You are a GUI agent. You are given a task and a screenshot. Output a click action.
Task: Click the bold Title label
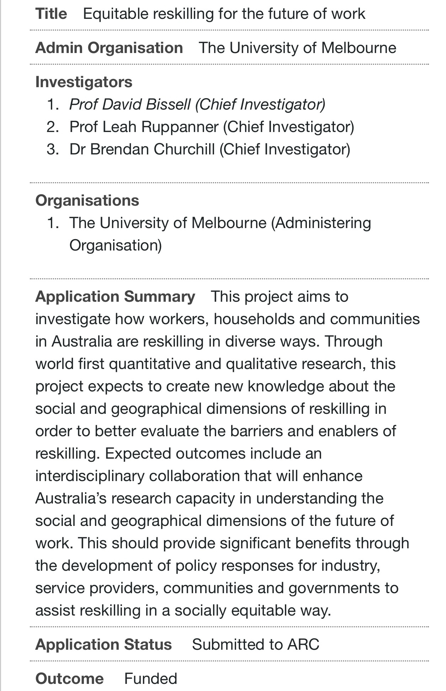(x=51, y=14)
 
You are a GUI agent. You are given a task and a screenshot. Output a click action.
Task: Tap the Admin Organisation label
(x=109, y=48)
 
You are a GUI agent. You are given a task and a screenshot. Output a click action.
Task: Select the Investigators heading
(x=84, y=82)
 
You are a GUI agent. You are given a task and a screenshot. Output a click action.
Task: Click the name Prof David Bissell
(x=130, y=104)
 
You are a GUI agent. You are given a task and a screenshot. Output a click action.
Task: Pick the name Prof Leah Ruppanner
(x=144, y=127)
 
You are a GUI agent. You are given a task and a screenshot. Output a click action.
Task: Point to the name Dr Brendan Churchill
(x=142, y=149)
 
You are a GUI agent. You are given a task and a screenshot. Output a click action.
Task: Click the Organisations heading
(x=87, y=200)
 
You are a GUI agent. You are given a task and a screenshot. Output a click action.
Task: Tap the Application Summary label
(x=115, y=296)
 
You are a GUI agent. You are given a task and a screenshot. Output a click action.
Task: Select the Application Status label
(x=103, y=644)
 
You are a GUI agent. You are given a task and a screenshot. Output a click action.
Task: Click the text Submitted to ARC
(x=255, y=644)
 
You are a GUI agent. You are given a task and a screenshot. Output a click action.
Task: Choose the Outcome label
(x=69, y=678)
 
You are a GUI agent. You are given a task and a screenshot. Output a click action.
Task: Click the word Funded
(x=150, y=678)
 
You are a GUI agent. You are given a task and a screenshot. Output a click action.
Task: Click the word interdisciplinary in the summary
(x=90, y=476)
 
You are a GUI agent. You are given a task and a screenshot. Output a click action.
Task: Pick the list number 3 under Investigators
(x=52, y=149)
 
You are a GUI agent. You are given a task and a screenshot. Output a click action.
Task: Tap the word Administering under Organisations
(x=323, y=223)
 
